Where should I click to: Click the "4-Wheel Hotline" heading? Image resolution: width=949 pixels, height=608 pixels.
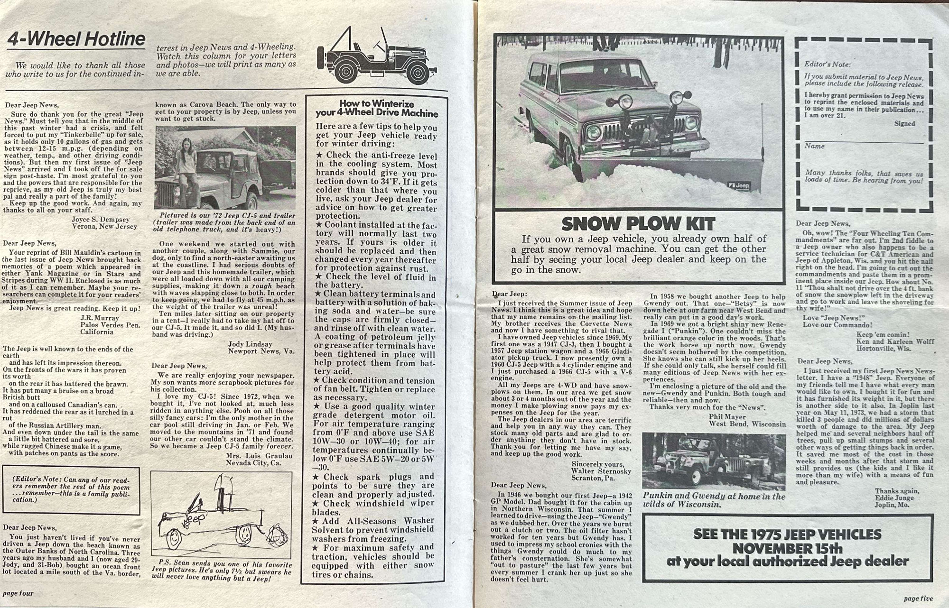point(76,39)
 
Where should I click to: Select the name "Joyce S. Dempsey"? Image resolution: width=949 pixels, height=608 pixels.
point(101,220)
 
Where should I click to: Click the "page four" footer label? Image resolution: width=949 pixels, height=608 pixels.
point(18,593)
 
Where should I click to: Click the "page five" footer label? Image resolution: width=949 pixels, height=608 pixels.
point(918,599)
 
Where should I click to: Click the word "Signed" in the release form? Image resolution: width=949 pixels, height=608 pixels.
point(904,124)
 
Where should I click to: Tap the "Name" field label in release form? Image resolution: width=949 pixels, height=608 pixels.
point(814,146)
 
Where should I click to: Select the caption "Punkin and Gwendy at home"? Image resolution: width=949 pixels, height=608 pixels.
point(714,496)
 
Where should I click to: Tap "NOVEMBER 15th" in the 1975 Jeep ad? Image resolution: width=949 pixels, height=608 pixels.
point(787,549)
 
